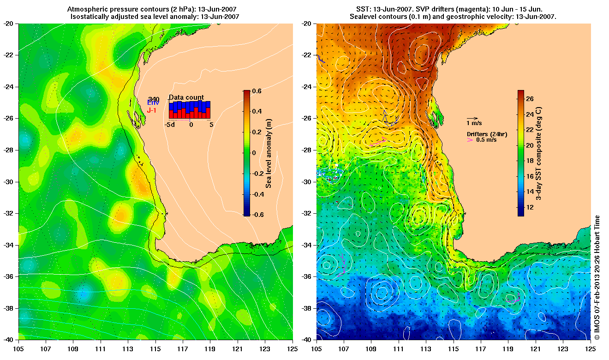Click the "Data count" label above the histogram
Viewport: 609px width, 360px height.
pyautogui.click(x=186, y=97)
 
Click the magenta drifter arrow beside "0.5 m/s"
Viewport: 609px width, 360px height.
pyautogui.click(x=470, y=140)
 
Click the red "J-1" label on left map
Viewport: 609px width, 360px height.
pyautogui.click(x=152, y=110)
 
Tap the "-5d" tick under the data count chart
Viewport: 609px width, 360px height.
pyautogui.click(x=170, y=124)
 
